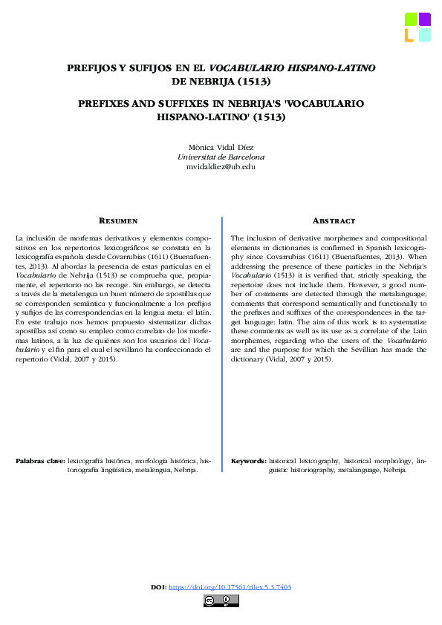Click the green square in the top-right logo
click(x=410, y=19)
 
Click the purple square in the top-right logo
click(x=424, y=19)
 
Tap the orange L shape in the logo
click(x=409, y=35)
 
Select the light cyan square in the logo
click(x=424, y=35)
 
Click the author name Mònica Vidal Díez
click(x=221, y=147)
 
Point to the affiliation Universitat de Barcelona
click(x=221, y=157)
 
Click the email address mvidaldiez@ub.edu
click(x=221, y=167)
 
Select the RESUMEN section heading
click(x=118, y=220)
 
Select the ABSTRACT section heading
click(x=334, y=220)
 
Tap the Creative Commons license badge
click(x=221, y=601)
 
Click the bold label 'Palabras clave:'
click(x=40, y=461)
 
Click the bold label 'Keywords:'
click(x=249, y=461)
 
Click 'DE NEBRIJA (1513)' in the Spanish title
click(x=221, y=82)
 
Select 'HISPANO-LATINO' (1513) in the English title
click(x=221, y=117)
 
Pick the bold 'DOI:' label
click(x=158, y=587)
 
